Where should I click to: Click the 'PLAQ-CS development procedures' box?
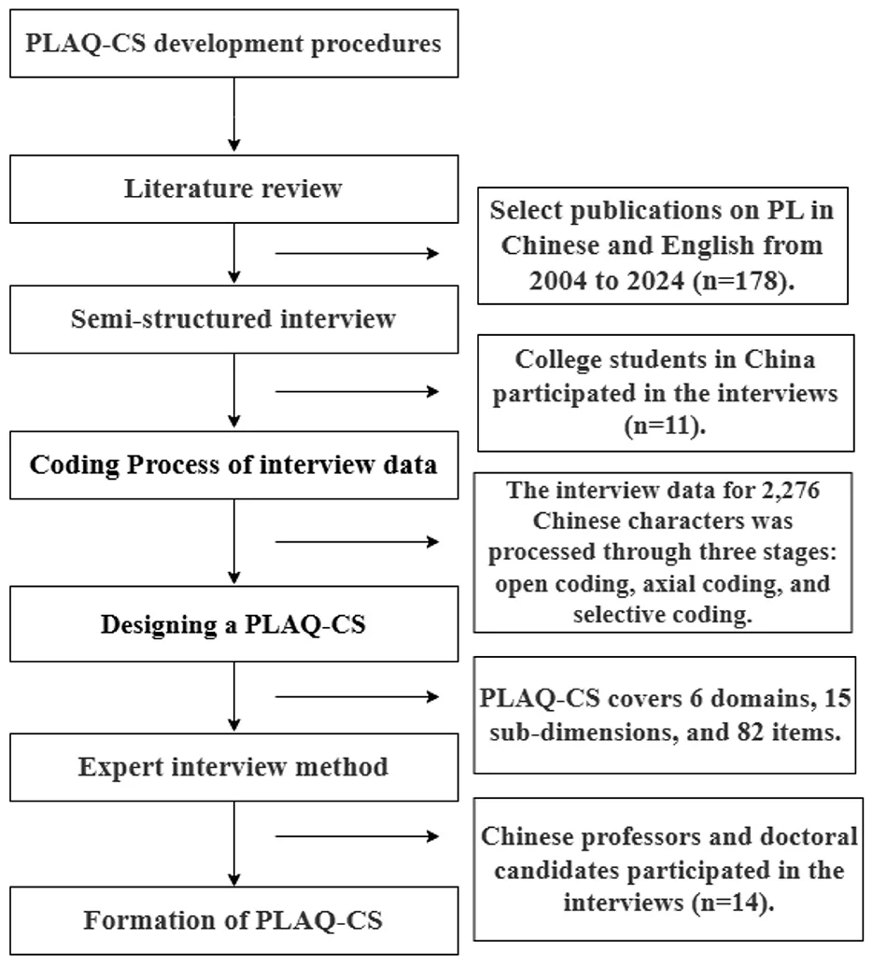point(233,43)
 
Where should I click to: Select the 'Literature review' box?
point(233,189)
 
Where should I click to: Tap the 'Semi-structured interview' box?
point(233,319)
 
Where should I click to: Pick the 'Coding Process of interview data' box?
point(233,465)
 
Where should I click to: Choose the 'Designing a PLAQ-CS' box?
point(233,623)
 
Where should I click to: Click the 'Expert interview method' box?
point(233,767)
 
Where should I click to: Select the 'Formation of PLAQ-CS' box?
point(233,920)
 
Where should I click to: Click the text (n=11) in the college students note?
point(665,426)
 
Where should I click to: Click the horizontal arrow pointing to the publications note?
point(357,253)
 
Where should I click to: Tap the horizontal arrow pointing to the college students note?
point(357,392)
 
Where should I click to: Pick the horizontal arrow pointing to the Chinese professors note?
point(357,836)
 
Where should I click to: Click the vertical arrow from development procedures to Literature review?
point(233,115)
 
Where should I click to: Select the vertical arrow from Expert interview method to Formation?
point(233,844)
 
